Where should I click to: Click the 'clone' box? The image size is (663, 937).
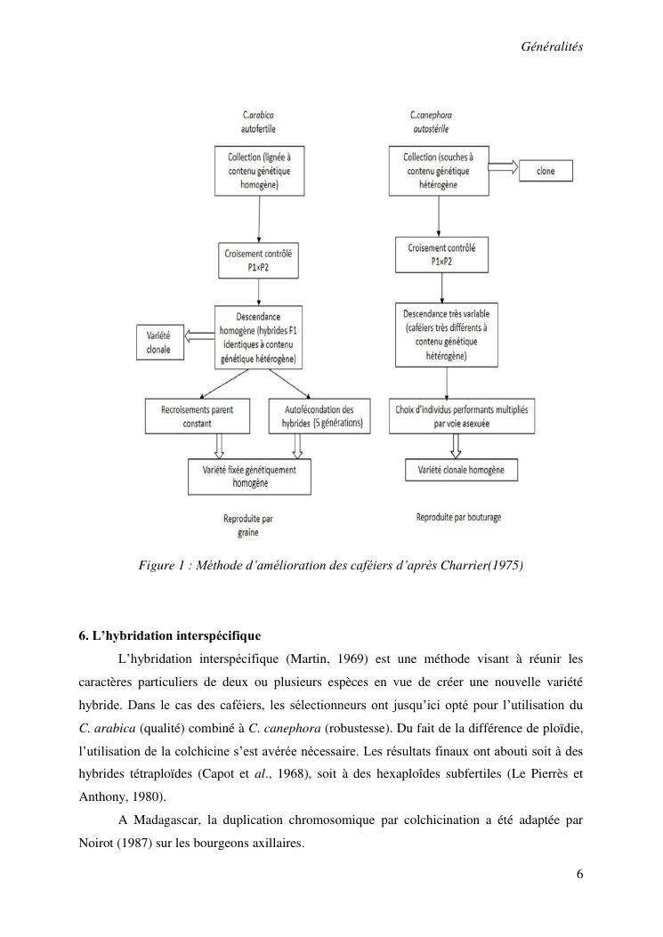546,170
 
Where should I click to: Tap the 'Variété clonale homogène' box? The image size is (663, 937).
461,469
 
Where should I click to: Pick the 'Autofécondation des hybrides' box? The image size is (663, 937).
318,416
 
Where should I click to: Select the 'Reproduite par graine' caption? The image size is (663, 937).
247,525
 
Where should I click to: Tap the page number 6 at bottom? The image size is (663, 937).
579,873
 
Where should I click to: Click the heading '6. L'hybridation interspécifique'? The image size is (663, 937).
169,636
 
